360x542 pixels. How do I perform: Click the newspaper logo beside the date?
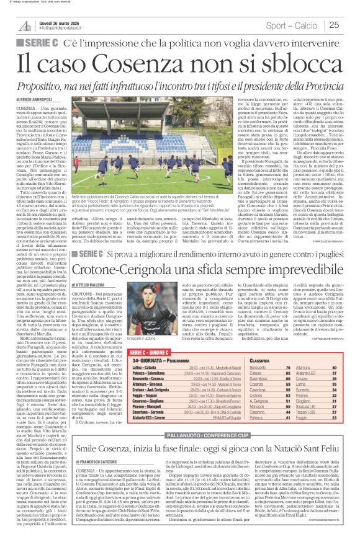25,25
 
